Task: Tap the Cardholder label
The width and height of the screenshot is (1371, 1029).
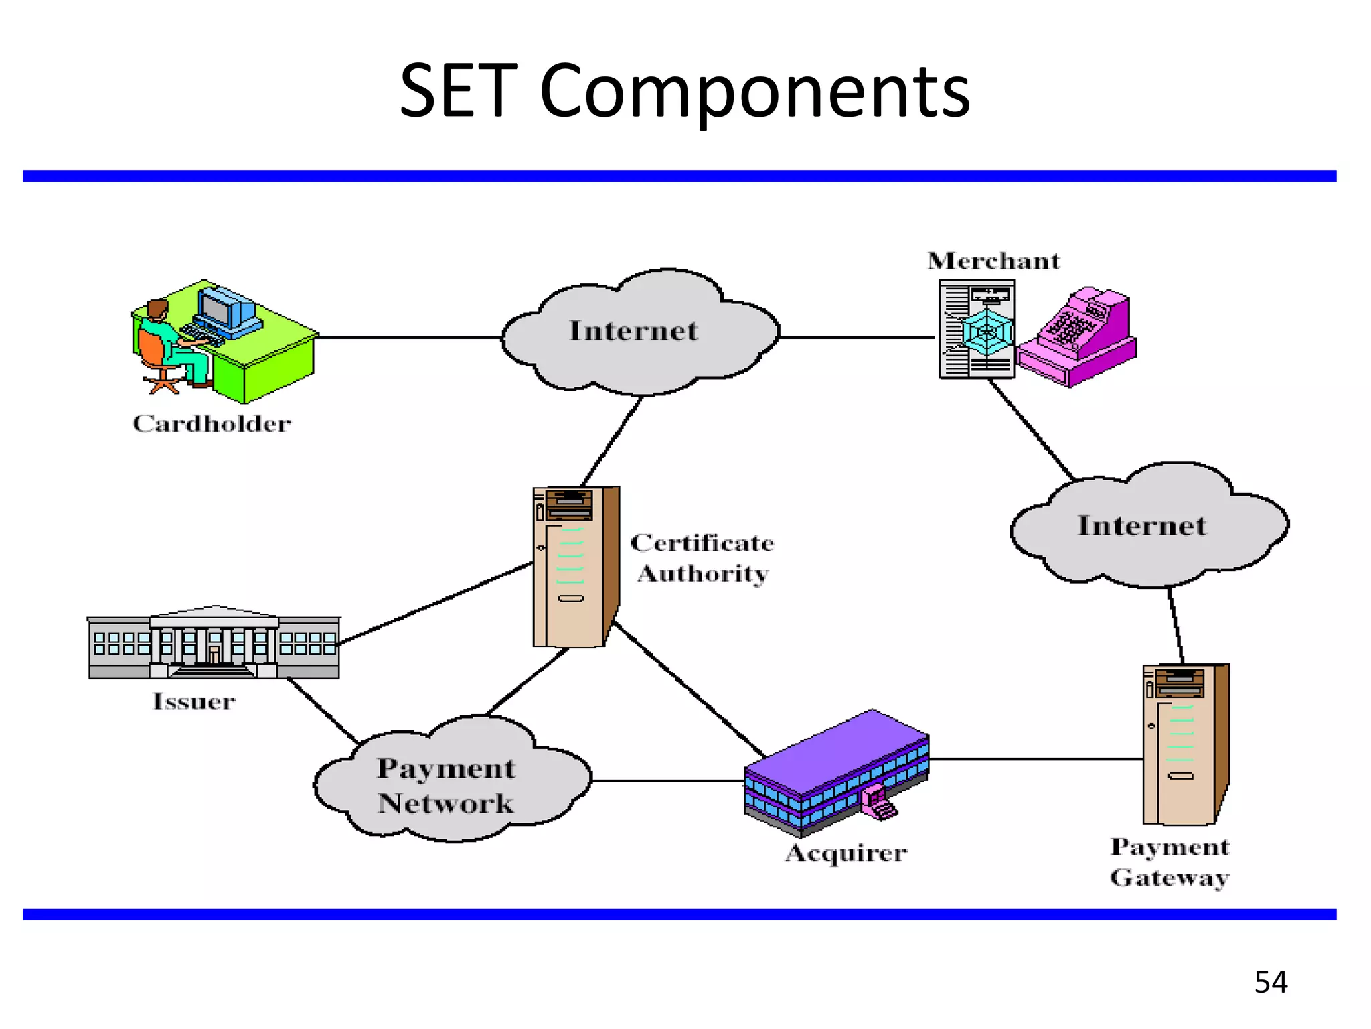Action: coord(212,423)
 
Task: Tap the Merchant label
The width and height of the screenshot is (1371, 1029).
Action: coord(993,261)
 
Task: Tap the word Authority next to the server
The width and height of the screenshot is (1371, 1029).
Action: coord(703,574)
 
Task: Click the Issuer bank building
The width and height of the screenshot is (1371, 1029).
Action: coord(214,643)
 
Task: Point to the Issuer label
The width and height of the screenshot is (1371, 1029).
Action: coord(194,701)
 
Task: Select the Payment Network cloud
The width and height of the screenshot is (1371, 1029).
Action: coord(447,784)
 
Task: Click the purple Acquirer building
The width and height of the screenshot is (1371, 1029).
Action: coord(837,770)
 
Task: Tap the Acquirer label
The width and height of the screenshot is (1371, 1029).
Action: coord(846,853)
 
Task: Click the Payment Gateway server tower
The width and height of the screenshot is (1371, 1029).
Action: coord(1184,744)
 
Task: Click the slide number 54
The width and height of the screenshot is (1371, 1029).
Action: coord(1271,982)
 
